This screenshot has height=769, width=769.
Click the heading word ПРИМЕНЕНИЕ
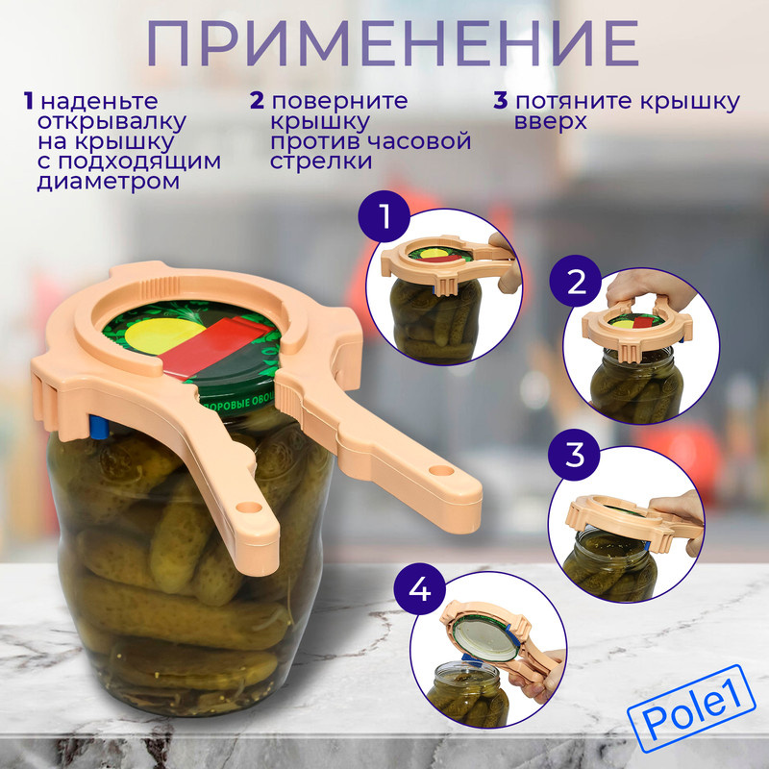(392, 43)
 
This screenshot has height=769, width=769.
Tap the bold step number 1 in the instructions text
(29, 102)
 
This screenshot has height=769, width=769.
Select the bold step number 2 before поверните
(257, 101)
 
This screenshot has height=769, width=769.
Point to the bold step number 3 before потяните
(501, 101)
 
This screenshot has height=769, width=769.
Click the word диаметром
(109, 182)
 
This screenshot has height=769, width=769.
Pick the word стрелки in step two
(321, 161)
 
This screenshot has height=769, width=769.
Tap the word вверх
(550, 121)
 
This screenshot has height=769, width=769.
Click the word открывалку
(112, 122)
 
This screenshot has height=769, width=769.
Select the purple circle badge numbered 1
(384, 215)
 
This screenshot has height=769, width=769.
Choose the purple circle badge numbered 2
(575, 281)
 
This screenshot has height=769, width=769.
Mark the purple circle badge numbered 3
(574, 455)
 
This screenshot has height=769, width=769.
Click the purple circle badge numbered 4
(420, 588)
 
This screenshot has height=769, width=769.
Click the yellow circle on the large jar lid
(164, 335)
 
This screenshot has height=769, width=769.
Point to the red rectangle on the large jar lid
(215, 348)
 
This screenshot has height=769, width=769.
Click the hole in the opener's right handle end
(441, 471)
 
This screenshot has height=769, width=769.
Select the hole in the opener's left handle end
(249, 507)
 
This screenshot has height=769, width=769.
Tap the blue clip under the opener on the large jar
(98, 426)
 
